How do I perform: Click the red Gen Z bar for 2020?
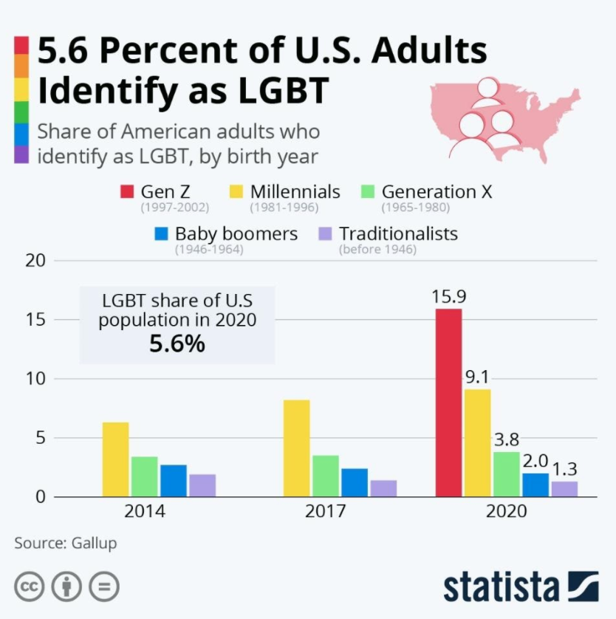point(448,403)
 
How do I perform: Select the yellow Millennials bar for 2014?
point(115,459)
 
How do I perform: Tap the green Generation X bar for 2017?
point(325,476)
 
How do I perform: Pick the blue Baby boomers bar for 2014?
point(174,481)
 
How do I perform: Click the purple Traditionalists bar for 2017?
point(383,488)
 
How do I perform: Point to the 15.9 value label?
point(449,297)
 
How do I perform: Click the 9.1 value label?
point(477,377)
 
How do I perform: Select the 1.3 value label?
point(564,469)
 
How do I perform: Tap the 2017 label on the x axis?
point(325,511)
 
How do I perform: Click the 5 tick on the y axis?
point(42,438)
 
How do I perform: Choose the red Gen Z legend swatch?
point(126,193)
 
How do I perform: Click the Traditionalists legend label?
point(398,234)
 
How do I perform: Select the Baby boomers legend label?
point(236,234)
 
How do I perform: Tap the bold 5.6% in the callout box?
point(177,344)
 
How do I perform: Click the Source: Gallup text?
point(66,543)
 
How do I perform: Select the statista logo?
point(521,586)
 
